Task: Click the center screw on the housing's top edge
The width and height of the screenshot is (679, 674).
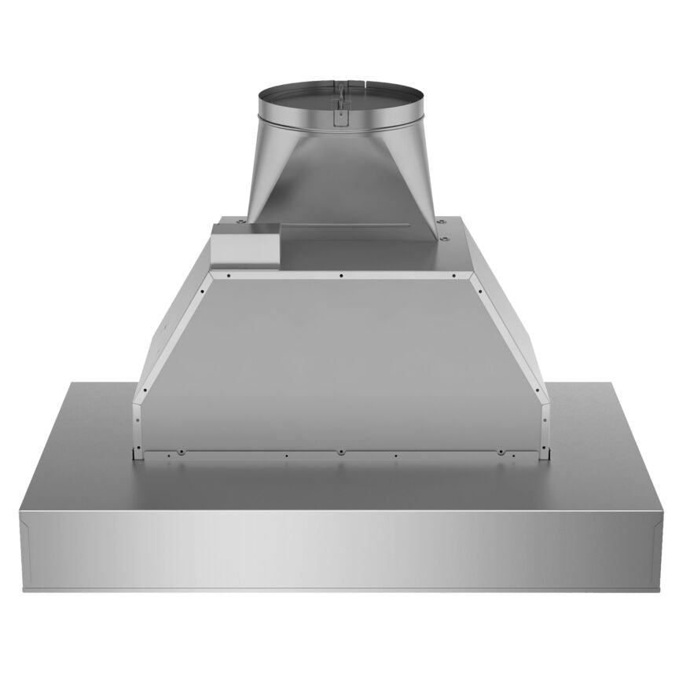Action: click(340, 276)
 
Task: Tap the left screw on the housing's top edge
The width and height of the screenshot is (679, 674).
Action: click(226, 276)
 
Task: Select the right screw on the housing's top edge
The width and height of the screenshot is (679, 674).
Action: click(455, 276)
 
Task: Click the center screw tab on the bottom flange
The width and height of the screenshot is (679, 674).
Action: click(340, 452)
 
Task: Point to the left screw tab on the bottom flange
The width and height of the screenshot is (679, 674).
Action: click(180, 452)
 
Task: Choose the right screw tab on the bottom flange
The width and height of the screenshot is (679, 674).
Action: click(501, 452)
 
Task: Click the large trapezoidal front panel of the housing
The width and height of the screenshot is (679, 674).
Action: click(340, 361)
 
